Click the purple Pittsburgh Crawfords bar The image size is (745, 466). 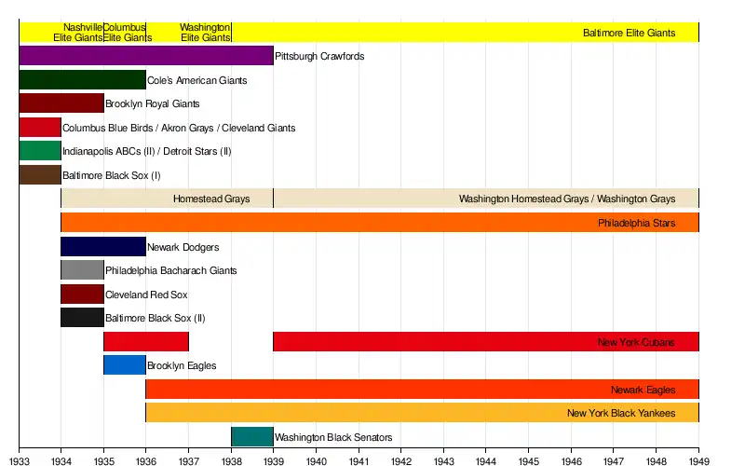[146, 56]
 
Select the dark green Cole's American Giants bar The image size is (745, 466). [82, 80]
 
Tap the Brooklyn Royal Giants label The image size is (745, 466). [152, 104]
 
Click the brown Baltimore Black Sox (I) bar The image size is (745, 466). [40, 174]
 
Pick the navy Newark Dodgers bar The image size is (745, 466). [103, 247]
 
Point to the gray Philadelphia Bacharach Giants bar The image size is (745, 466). [82, 270]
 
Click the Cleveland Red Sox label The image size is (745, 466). [146, 295]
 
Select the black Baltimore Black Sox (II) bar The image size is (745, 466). [82, 318]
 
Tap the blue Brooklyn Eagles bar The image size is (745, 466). [125, 365]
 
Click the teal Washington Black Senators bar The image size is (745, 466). [252, 437]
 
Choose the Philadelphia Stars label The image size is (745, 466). [636, 224]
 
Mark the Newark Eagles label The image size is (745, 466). [643, 390]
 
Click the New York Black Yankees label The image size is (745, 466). [621, 413]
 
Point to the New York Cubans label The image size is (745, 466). [636, 343]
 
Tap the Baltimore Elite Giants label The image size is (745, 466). [629, 33]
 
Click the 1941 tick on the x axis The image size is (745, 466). [359, 447]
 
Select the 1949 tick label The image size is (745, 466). [698, 459]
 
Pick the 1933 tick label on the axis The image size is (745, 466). [19, 459]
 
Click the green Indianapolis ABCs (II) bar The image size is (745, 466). [40, 151]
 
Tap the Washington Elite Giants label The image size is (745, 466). [205, 33]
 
